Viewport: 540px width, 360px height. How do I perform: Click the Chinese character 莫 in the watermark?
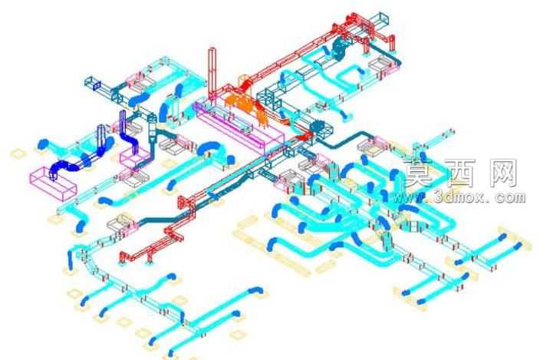pyautogui.click(x=420, y=173)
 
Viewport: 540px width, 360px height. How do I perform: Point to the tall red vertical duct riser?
pyautogui.click(x=212, y=72)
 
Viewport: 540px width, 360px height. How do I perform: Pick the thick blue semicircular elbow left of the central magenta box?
pyautogui.click(x=211, y=149)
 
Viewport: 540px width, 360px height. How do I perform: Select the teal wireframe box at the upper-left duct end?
pyautogui.click(x=93, y=84)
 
